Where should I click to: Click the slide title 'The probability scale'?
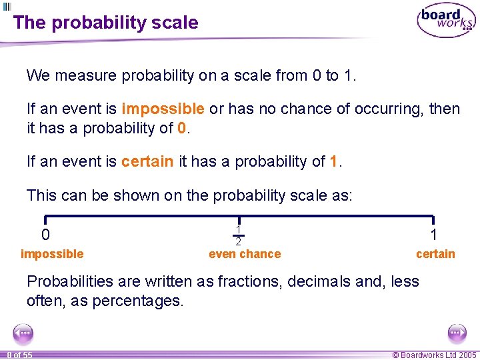[105, 23]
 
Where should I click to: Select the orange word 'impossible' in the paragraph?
[163, 109]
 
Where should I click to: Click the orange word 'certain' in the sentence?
[147, 161]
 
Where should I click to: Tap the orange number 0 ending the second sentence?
[183, 127]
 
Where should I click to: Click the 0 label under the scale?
[45, 235]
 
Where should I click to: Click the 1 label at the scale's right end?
[434, 235]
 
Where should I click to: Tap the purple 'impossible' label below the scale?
[52, 254]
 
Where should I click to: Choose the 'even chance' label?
[245, 254]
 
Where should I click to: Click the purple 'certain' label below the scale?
[435, 254]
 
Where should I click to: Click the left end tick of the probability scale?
[45, 220]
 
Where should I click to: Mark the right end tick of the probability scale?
[434, 220]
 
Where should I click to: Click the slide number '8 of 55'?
[19, 355]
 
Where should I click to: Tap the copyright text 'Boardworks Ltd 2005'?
[434, 355]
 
